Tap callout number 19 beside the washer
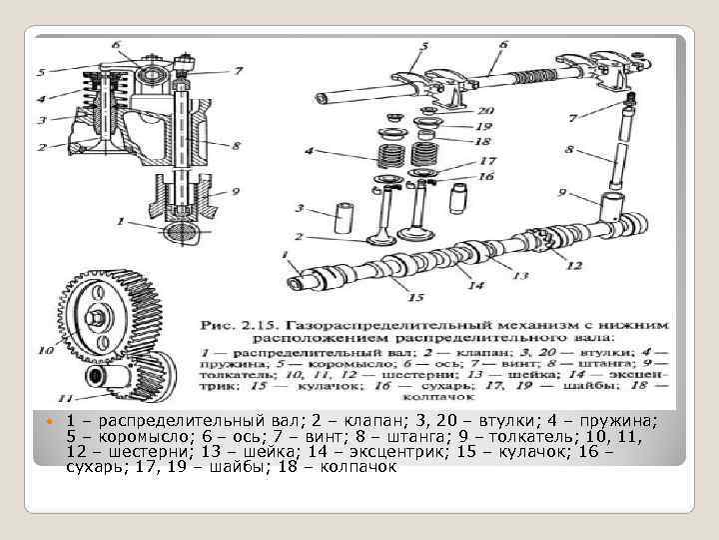click(x=483, y=127)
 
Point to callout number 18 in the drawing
click(x=483, y=142)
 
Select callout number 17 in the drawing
click(x=486, y=160)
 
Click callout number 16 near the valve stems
click(x=486, y=175)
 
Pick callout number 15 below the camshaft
click(x=415, y=297)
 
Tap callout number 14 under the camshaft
click(x=475, y=286)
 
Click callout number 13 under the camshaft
click(x=519, y=274)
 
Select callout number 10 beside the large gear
click(x=45, y=350)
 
